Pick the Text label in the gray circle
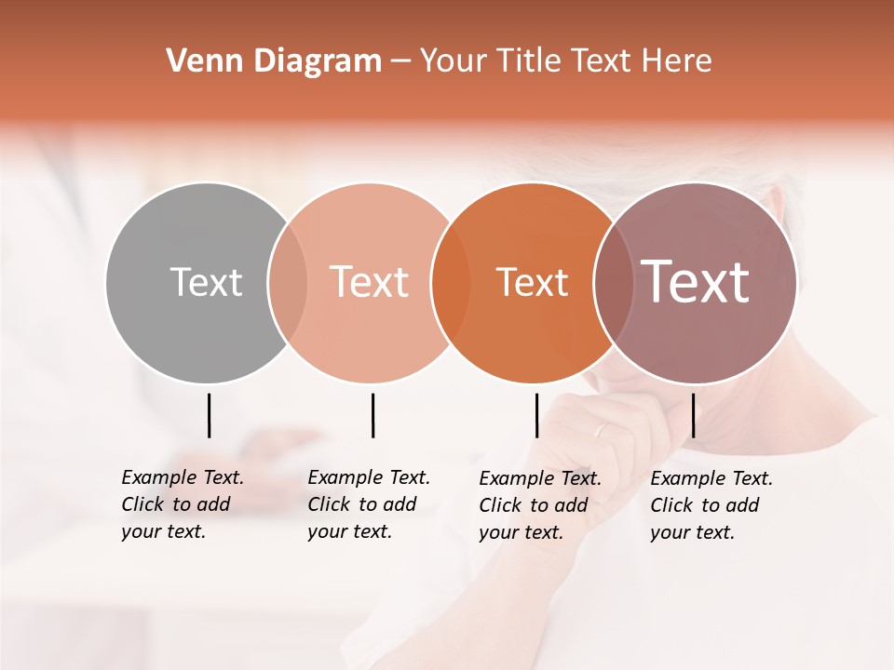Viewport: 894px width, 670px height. [206, 282]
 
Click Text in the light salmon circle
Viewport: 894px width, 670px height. [369, 282]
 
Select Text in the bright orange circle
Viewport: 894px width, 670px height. [532, 282]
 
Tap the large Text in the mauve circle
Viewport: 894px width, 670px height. [695, 282]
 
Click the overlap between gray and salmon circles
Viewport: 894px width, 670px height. [288, 283]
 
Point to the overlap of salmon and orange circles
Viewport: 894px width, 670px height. [451, 283]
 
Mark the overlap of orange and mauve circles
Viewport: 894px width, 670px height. [613, 283]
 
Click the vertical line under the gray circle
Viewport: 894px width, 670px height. [209, 415]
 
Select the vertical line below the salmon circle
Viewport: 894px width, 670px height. [372, 415]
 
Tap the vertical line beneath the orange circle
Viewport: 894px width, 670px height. [536, 415]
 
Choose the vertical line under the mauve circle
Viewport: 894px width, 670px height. [693, 415]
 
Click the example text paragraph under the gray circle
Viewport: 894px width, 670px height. [183, 504]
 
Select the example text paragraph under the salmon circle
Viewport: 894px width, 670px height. [369, 504]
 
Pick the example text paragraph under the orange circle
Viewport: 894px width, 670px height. [540, 505]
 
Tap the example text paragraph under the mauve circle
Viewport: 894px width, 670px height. [711, 505]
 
